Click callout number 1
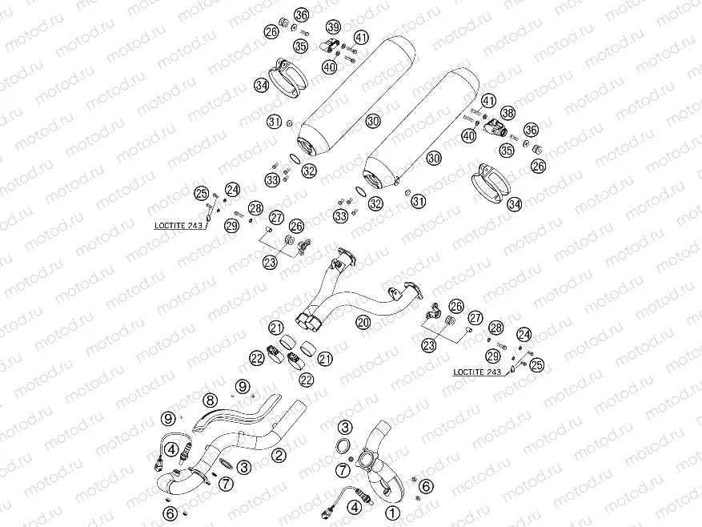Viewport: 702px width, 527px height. point(391,510)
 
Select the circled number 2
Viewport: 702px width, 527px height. point(279,456)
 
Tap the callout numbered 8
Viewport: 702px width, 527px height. point(210,400)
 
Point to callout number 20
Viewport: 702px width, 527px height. point(363,323)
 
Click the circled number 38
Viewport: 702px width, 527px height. point(507,112)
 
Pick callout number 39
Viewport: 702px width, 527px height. point(333,27)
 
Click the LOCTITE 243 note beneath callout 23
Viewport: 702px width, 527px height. point(477,372)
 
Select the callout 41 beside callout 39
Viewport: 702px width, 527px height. point(362,38)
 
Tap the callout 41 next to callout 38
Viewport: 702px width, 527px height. point(488,100)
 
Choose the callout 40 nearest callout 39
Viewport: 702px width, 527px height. point(329,67)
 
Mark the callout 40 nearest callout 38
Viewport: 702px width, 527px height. point(469,136)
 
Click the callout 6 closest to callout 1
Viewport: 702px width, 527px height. point(425,485)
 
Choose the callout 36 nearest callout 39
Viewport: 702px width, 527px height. point(300,15)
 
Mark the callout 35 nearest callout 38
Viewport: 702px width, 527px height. point(506,150)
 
